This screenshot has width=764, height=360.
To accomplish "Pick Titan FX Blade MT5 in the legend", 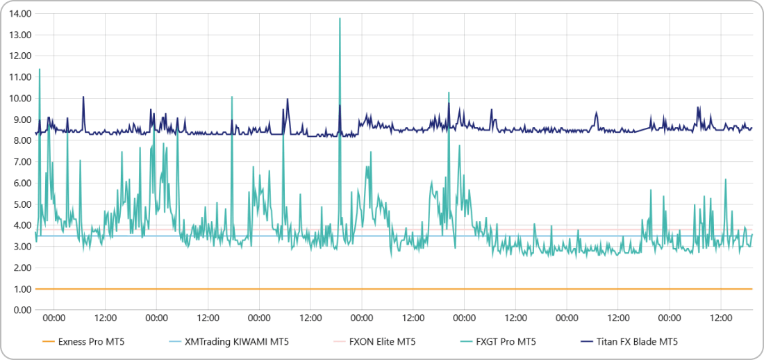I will [636, 341].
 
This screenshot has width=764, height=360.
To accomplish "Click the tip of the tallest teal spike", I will [340, 19].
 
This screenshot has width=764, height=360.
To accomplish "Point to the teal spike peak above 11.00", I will [40, 69].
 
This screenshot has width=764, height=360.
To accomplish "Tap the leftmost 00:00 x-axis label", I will [54, 318].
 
